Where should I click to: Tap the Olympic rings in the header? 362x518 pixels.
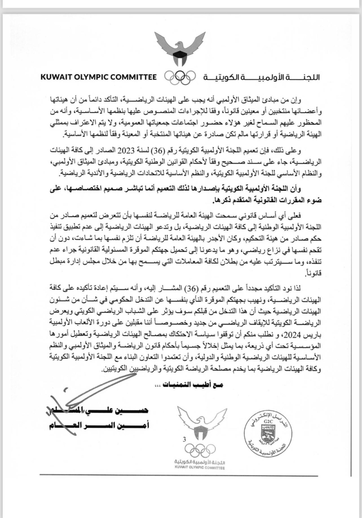click(x=180, y=77)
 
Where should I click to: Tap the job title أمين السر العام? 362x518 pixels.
click(x=99, y=425)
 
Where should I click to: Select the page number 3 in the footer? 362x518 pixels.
click(x=184, y=439)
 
